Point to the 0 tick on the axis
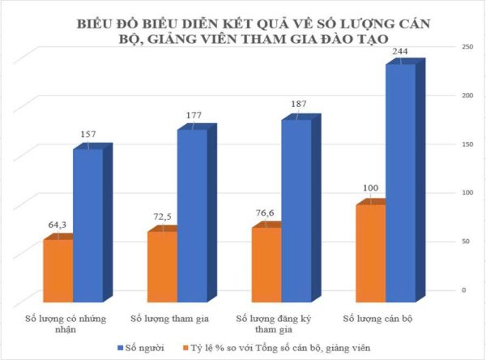464,289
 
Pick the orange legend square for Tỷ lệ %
185,348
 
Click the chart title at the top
243,30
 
